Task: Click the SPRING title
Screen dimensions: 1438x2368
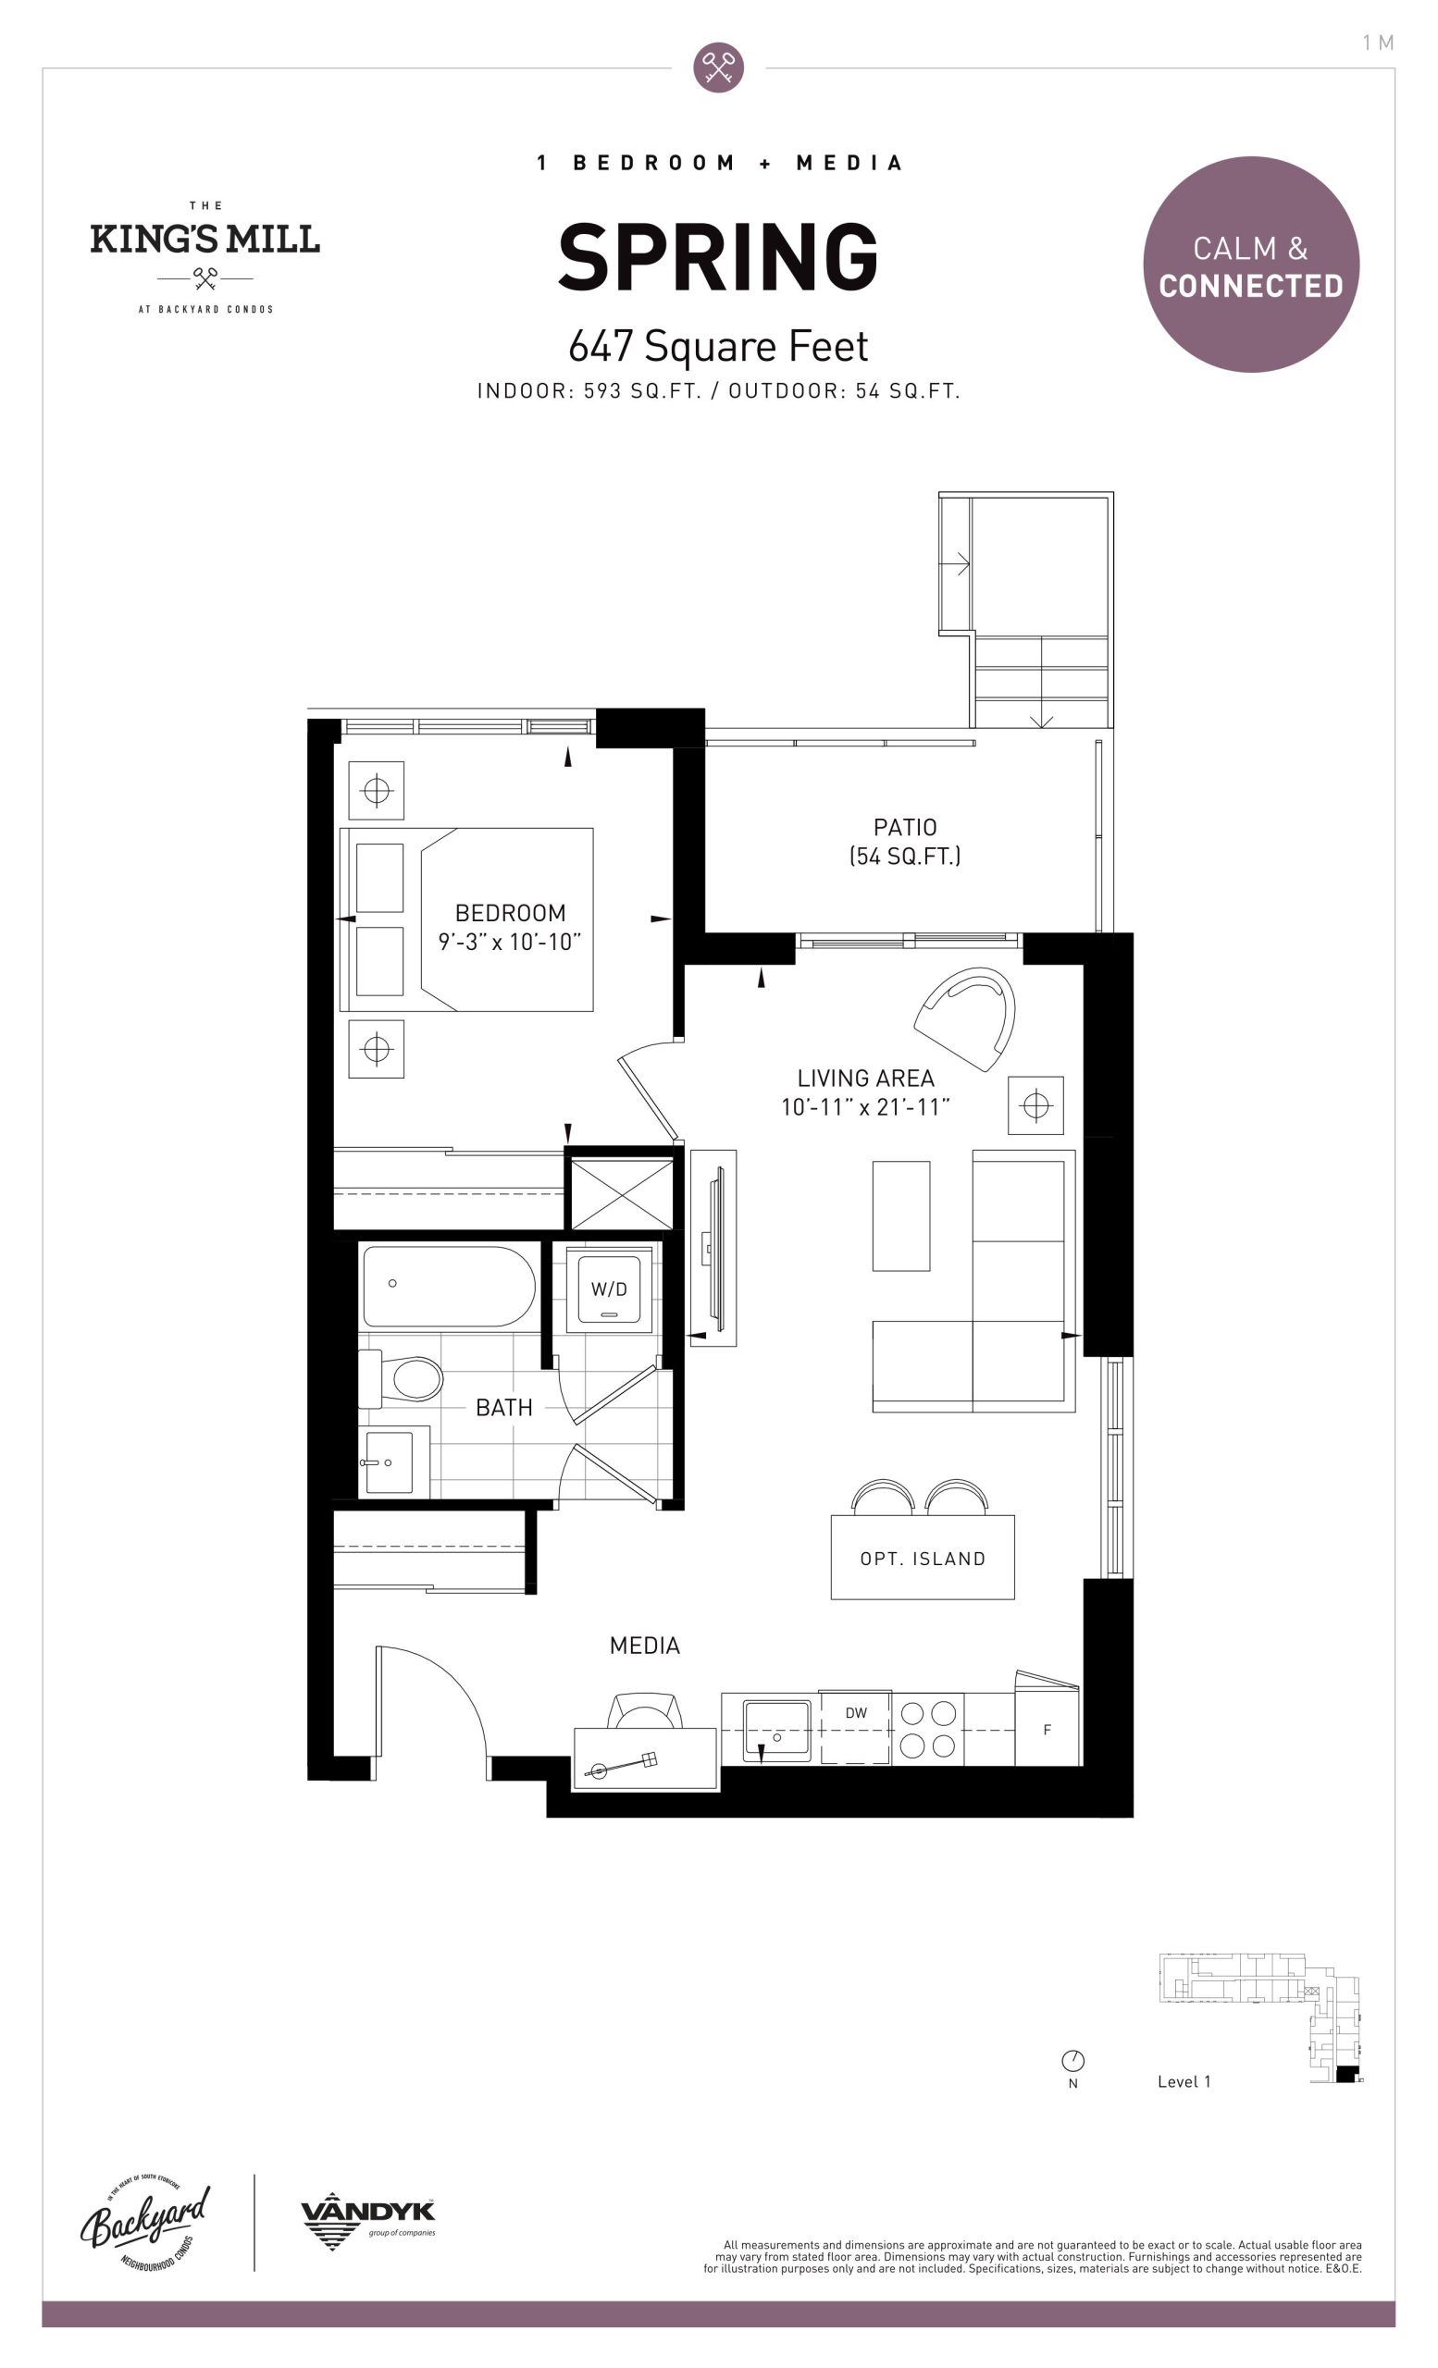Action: [718, 256]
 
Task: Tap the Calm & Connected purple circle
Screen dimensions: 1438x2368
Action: [1250, 265]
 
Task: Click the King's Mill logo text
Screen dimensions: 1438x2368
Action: [205, 239]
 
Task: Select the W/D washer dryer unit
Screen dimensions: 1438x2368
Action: [610, 1289]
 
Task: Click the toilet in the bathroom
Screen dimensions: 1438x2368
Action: [402, 1379]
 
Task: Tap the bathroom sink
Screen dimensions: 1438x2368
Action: [390, 1462]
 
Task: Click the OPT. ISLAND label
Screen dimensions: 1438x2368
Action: [923, 1559]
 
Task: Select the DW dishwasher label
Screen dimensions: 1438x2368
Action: [856, 1712]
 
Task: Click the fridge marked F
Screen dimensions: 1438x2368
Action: [1047, 1728]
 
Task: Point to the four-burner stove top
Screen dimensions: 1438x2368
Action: [927, 1729]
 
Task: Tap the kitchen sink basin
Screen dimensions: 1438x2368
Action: [776, 1730]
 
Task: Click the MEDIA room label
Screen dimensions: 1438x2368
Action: [645, 1646]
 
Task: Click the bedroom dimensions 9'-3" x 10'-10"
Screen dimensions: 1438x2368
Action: [510, 942]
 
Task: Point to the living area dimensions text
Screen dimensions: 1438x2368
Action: [865, 1107]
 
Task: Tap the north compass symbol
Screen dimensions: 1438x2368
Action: [1072, 2061]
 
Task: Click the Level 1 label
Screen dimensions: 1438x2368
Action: [1184, 2081]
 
